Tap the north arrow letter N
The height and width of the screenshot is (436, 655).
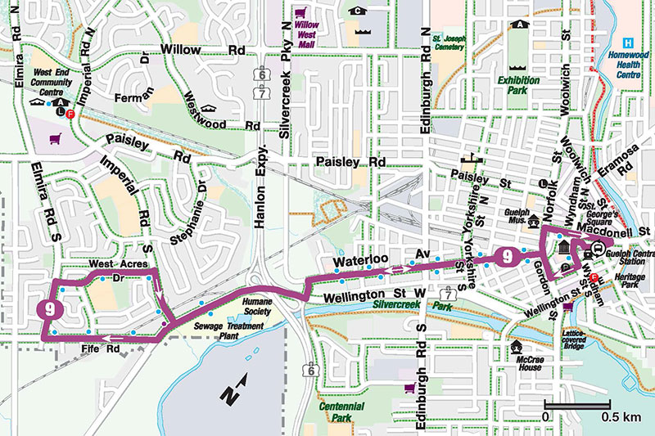[230, 395]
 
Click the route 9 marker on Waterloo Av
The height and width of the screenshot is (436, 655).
[508, 256]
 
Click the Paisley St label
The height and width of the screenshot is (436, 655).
[469, 175]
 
